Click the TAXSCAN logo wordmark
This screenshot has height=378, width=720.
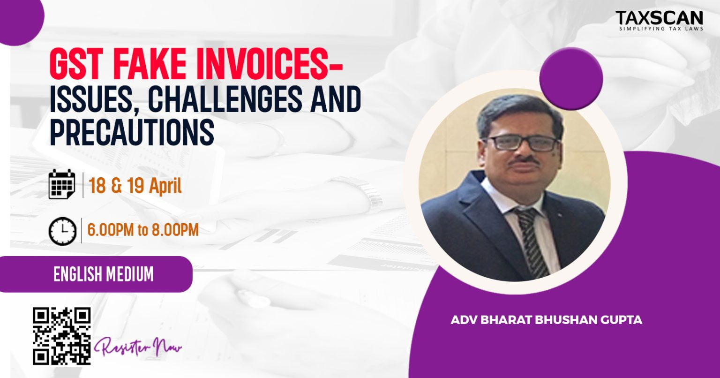pos(659,18)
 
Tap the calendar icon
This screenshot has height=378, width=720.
pos(62,184)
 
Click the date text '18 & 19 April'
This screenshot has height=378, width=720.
pos(135,186)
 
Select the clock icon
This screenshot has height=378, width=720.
pos(62,231)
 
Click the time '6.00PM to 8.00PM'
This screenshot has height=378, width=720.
pos(142,230)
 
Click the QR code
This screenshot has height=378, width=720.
pos(61,336)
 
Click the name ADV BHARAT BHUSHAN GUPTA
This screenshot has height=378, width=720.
pos(546,321)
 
